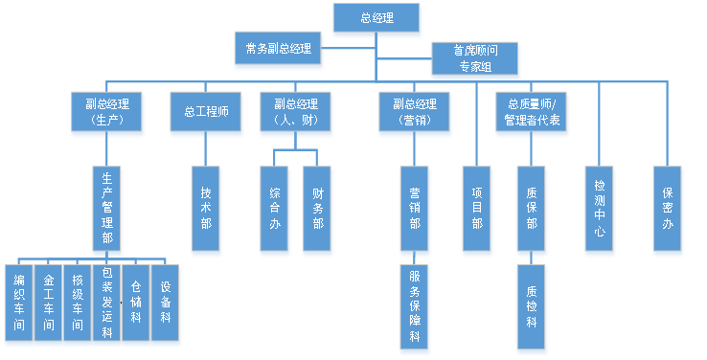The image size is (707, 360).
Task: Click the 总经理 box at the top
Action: (376, 18)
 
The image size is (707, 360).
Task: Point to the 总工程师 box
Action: (206, 111)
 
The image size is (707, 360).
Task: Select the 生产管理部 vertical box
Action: (107, 211)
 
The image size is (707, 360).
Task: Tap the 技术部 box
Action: (206, 209)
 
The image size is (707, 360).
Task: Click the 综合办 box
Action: (274, 210)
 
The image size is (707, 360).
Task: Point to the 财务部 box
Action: (317, 210)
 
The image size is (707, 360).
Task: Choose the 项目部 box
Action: (477, 210)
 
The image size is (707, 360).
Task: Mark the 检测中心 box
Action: (599, 210)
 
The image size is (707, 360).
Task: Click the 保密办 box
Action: (668, 210)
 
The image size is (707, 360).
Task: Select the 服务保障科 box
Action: (414, 306)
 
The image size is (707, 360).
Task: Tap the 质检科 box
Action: (532, 306)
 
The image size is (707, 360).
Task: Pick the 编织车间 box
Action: (18, 303)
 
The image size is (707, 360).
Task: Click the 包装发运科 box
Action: (107, 303)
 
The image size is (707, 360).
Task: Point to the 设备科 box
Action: (166, 303)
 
